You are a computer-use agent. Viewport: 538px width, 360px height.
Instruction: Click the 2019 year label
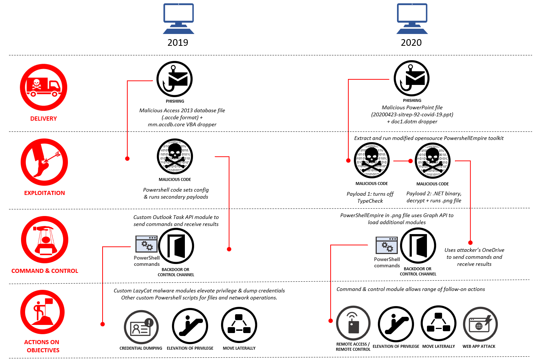click(x=178, y=42)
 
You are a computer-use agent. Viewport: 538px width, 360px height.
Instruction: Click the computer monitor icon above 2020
click(x=412, y=18)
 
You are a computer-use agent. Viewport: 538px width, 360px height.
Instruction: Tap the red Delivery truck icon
click(x=44, y=87)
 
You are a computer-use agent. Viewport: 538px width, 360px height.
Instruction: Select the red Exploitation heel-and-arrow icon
click(x=44, y=162)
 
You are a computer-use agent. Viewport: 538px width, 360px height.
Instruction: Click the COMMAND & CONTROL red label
click(x=45, y=271)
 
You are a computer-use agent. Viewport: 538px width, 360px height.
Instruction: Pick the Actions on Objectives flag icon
click(x=43, y=312)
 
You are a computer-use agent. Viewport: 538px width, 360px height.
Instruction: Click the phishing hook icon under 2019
click(x=175, y=79)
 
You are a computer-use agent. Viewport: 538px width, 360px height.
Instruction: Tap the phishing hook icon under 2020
click(x=411, y=78)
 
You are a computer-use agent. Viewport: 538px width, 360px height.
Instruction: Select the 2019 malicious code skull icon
click(x=175, y=157)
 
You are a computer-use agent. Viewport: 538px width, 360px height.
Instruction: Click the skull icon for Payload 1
click(x=372, y=160)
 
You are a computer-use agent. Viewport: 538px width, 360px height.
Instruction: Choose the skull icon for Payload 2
click(x=432, y=161)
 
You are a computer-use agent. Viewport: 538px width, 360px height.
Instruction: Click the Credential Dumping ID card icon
click(x=141, y=327)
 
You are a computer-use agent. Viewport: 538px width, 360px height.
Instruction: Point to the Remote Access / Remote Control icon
click(x=353, y=323)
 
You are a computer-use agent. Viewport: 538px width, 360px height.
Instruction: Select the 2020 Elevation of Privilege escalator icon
click(x=396, y=324)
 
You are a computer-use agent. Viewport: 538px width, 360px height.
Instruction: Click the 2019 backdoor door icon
click(x=176, y=246)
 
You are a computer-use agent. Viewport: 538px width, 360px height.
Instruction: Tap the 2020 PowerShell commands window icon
click(x=386, y=245)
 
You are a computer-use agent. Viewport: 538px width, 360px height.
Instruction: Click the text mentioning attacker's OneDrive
click(x=474, y=257)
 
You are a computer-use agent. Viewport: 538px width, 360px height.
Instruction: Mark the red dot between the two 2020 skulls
click(x=410, y=161)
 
